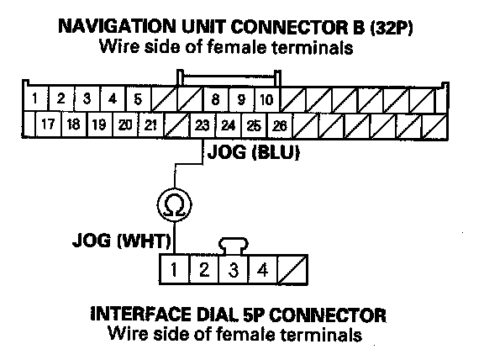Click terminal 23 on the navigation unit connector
pos(203,125)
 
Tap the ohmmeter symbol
pos(175,205)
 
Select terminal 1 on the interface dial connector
pos(174,269)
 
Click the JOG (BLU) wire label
pos(254,152)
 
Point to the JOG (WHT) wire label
pos(122,241)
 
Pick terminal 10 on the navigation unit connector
pos(266,99)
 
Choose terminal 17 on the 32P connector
pos(48,124)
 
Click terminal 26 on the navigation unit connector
pos(280,125)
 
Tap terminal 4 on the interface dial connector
pos(263,269)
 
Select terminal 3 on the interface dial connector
pos(234,269)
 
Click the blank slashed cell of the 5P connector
pos(292,269)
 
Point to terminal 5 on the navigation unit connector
pos(138,99)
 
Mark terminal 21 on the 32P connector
pos(151,124)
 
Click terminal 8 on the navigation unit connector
pos(215,99)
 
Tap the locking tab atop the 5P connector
pos(234,246)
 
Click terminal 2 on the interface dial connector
pos(204,269)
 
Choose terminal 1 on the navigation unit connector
pos(34,99)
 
